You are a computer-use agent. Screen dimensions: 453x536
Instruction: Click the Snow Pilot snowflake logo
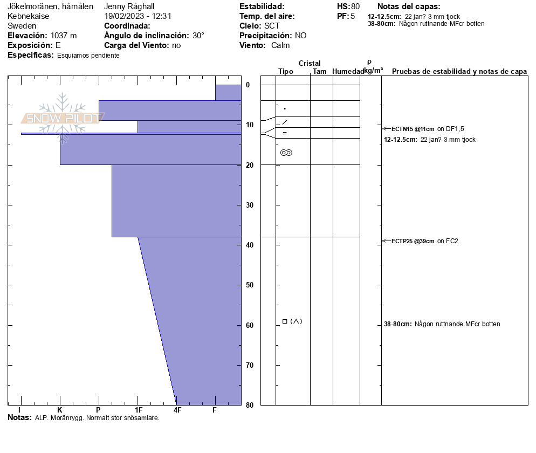tap(63, 118)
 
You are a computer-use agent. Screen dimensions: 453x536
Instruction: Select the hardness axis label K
tap(59, 410)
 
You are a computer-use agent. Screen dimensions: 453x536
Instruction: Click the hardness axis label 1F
tap(138, 410)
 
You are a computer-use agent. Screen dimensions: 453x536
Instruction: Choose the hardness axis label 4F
tap(177, 410)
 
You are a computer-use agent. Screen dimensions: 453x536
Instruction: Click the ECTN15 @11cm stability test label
tap(413, 128)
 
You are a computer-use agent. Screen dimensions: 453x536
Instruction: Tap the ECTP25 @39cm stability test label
tap(413, 241)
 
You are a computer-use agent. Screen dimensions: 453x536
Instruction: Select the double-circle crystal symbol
tap(286, 153)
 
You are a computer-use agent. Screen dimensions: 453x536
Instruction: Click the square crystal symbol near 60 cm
tap(285, 321)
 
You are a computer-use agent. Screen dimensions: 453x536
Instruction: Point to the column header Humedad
tap(348, 71)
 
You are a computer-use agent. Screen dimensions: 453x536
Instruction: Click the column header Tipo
tap(286, 71)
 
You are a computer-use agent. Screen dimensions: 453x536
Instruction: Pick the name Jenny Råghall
tap(129, 6)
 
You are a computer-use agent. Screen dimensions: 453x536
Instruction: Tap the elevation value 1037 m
tap(64, 36)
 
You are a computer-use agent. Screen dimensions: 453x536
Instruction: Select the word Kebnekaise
tap(28, 16)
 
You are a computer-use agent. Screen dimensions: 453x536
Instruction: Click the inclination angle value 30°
tap(198, 36)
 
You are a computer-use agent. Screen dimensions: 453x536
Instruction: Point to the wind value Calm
tap(280, 45)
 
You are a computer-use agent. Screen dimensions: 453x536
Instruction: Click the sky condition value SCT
tap(272, 26)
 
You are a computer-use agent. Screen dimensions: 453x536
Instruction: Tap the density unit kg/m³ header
tap(373, 71)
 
